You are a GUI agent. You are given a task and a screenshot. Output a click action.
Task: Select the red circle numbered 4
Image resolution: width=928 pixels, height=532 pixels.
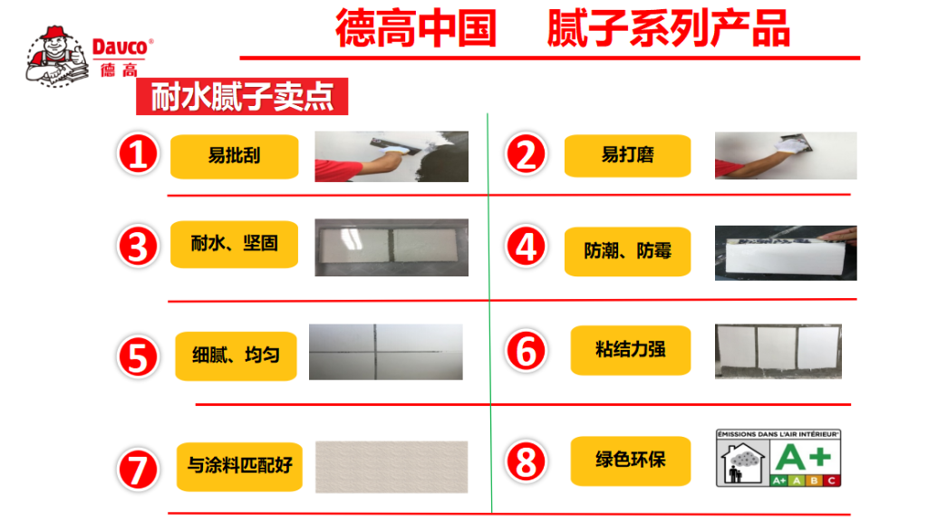click(x=527, y=247)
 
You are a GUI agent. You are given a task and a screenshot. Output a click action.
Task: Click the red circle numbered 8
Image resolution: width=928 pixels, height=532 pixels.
click(x=527, y=461)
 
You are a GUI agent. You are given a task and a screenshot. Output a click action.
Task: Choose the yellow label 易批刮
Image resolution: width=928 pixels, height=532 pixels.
click(x=234, y=156)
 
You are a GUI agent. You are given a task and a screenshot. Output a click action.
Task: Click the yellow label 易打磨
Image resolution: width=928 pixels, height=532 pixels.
click(x=627, y=156)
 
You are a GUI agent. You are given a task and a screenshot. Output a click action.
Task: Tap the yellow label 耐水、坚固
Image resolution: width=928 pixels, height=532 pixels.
click(x=234, y=244)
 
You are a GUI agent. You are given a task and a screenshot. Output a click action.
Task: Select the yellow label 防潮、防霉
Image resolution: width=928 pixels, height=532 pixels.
click(x=627, y=250)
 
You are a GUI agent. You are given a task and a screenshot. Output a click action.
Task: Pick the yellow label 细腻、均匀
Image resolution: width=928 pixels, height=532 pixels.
click(x=236, y=355)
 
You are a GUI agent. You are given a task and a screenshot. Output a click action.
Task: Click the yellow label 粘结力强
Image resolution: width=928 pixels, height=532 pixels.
click(x=630, y=350)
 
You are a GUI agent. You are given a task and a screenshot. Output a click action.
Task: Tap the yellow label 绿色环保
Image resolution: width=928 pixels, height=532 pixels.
click(x=630, y=459)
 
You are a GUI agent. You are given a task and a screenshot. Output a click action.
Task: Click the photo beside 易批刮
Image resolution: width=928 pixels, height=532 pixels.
click(x=391, y=157)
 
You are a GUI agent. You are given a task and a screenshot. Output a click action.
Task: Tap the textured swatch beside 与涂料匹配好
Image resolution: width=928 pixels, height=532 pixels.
click(x=391, y=468)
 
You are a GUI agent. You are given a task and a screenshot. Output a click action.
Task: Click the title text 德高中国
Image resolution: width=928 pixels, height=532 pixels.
click(x=416, y=29)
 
